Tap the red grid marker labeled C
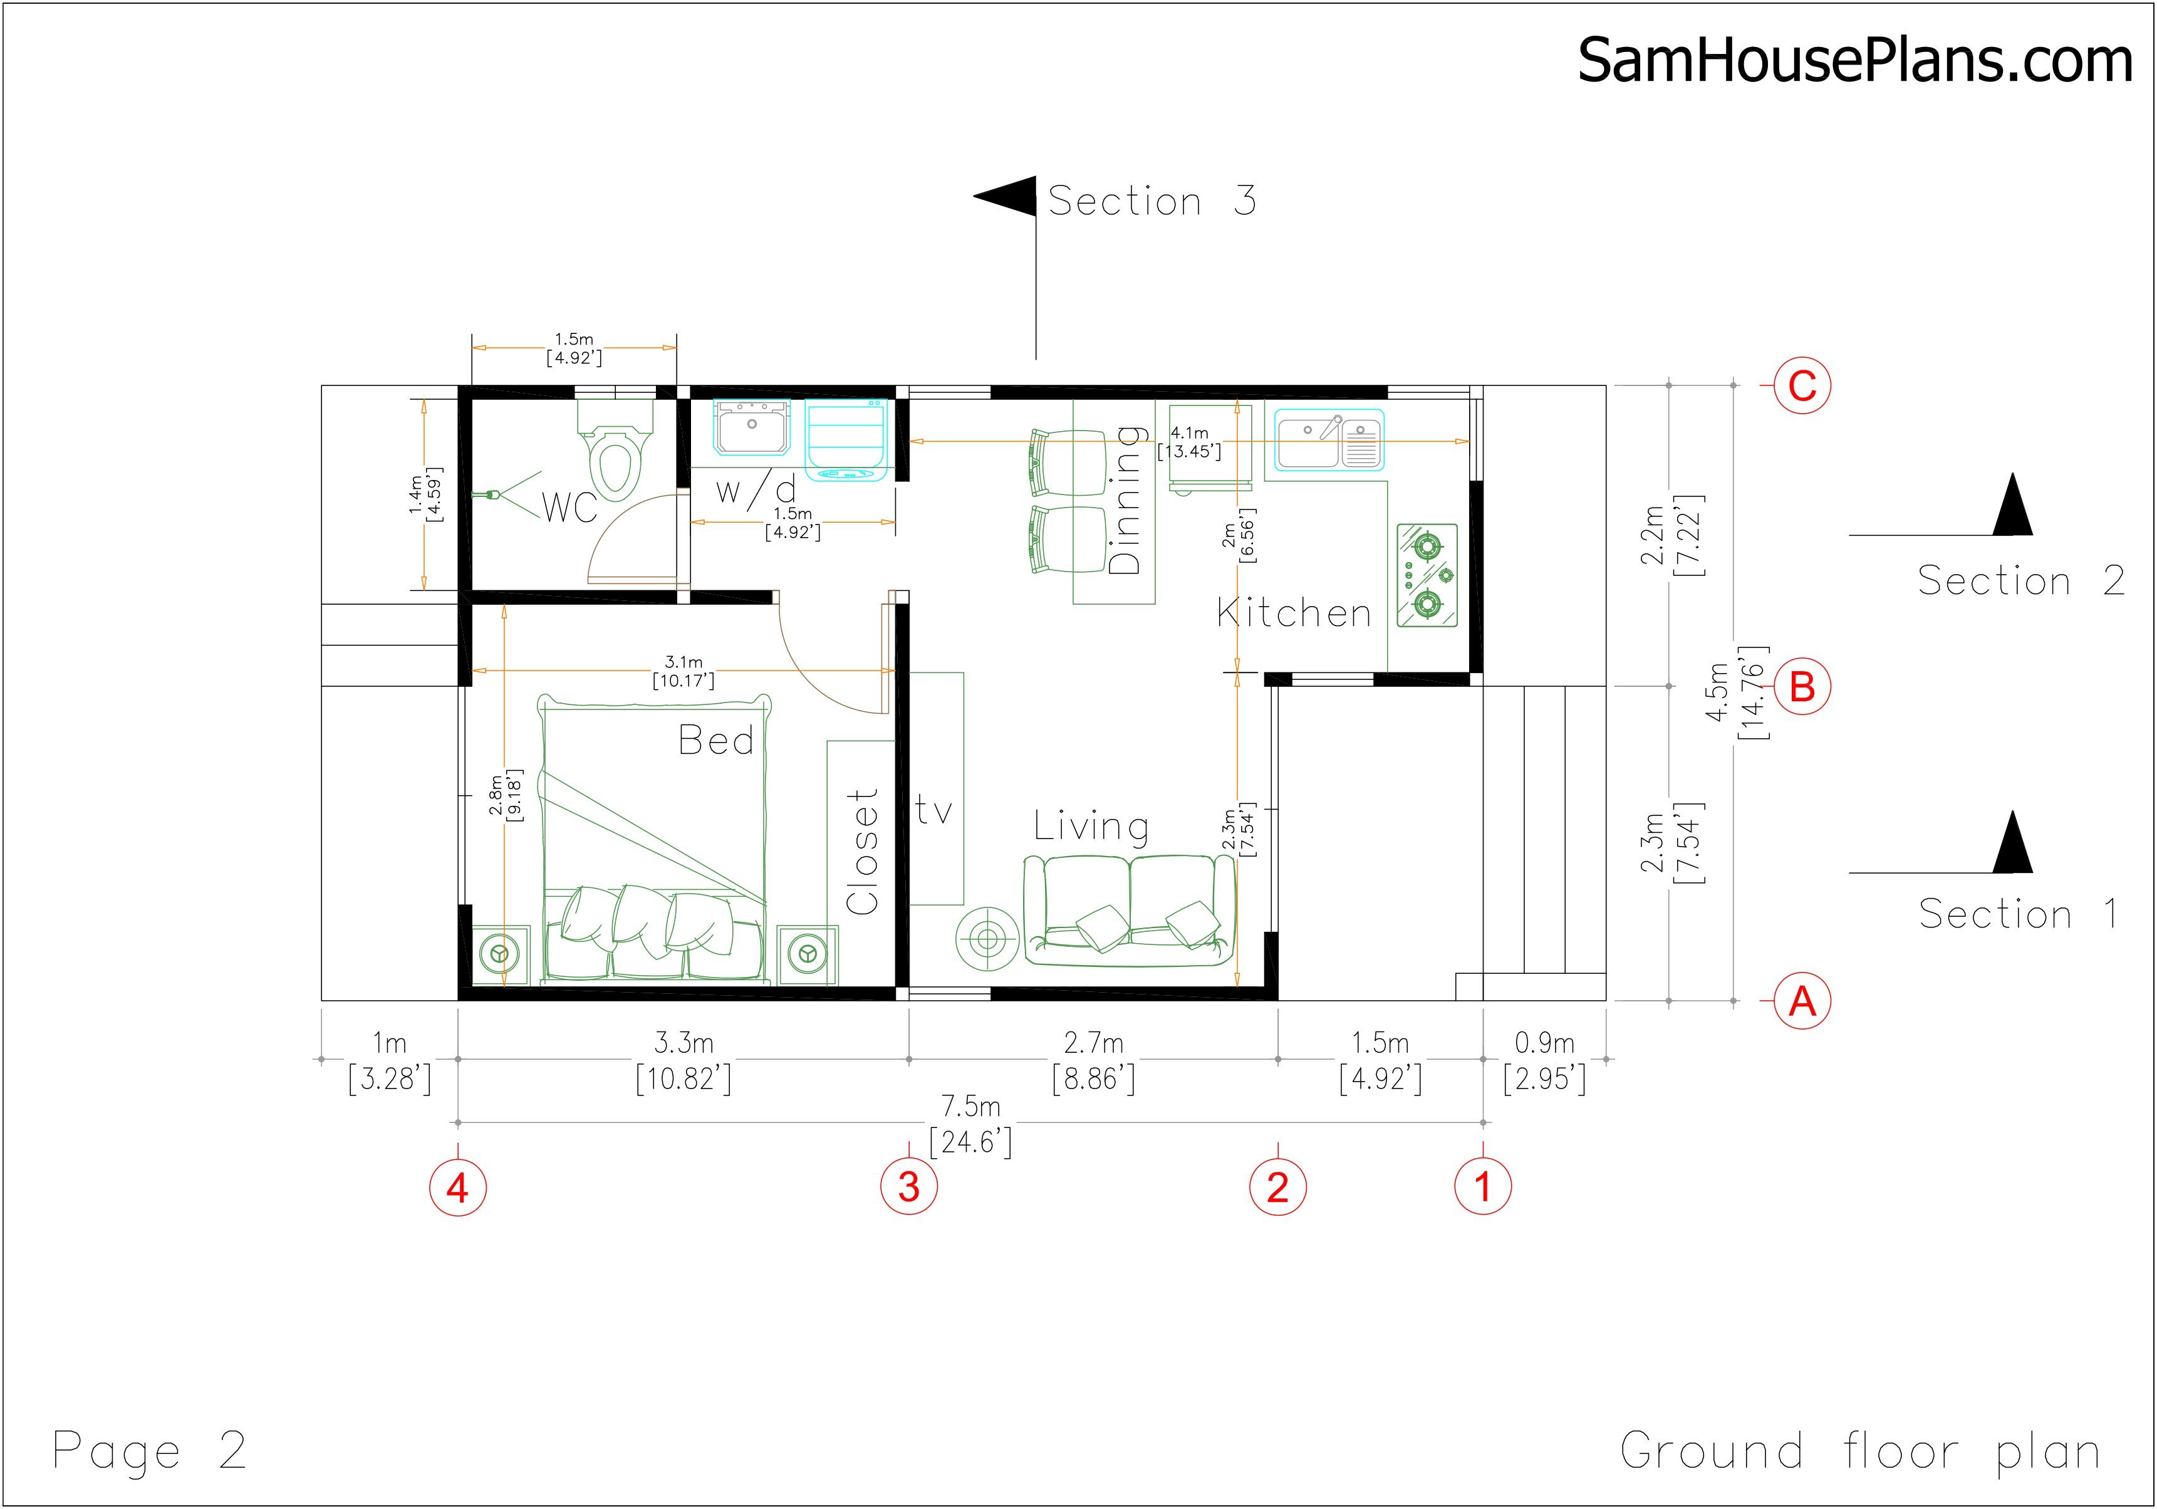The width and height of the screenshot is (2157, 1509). (1801, 386)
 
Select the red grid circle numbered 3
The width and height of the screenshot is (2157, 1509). (908, 1187)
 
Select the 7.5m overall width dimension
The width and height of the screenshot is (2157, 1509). (970, 1107)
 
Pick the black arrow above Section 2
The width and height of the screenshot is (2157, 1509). (2012, 508)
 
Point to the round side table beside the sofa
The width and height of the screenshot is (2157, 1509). (987, 937)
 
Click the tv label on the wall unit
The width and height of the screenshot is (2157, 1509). (934, 810)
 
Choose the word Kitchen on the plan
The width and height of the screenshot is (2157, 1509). (1294, 614)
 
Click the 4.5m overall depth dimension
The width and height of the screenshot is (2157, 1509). (1717, 692)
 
